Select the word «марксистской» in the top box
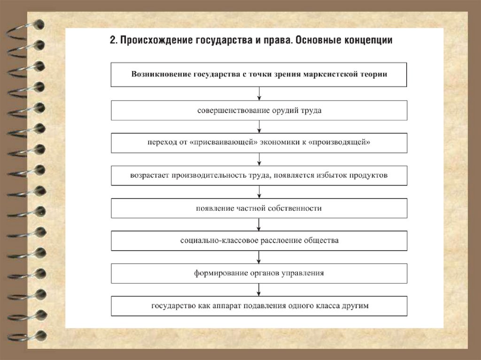pos(331,74)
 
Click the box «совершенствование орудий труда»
pos(259,111)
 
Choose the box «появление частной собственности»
pos(259,208)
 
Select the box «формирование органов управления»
pos(259,273)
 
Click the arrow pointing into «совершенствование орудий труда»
pos(259,95)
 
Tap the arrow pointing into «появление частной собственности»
pos(259,192)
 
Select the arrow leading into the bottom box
pos(259,290)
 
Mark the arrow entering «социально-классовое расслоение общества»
pos(259,225)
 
